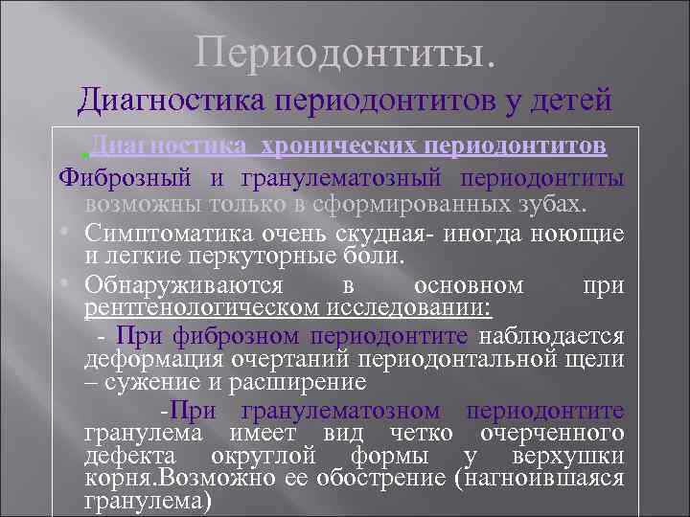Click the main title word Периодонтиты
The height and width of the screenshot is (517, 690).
[x=346, y=53]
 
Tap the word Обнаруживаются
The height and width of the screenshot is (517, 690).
[x=183, y=285]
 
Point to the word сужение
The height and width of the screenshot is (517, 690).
[x=149, y=383]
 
